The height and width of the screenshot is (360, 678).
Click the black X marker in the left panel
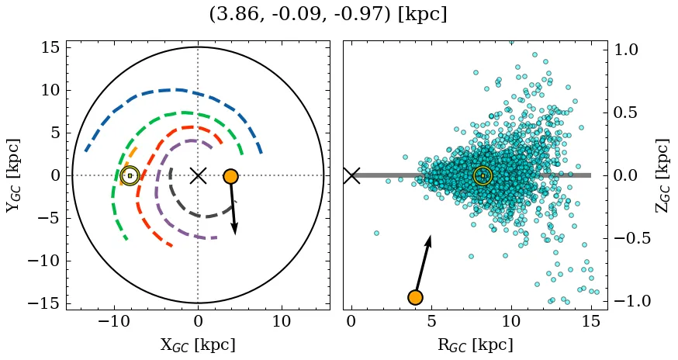198,175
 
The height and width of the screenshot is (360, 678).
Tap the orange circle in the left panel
230,176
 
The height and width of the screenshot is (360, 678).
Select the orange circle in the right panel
415,297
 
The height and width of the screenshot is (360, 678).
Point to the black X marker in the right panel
351,175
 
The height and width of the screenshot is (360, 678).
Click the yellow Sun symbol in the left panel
130,176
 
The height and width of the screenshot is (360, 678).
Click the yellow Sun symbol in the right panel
483,176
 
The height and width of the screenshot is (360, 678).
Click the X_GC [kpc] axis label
198,344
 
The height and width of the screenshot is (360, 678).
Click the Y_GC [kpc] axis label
12,175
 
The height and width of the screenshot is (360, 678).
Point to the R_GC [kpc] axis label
476,344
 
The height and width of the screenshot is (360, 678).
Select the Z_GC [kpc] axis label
662,175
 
